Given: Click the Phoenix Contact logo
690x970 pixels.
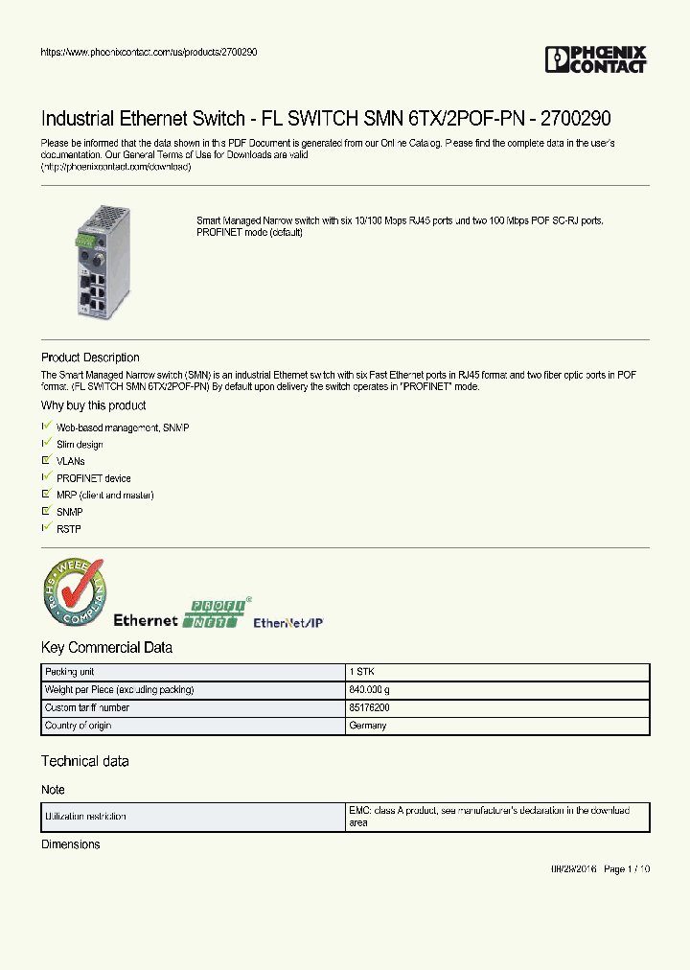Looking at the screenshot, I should pos(595,59).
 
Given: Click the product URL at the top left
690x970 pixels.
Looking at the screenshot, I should pos(149,52).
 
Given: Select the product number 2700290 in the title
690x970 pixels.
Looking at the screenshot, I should pos(574,119).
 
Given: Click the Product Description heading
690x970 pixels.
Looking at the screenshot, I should pos(90,358).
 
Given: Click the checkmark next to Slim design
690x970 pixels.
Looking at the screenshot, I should pos(46,444).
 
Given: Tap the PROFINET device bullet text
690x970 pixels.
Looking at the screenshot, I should pos(93,478).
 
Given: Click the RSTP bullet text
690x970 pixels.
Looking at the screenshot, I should pos(69,529).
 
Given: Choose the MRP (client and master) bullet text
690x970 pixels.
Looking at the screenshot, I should pos(104,496).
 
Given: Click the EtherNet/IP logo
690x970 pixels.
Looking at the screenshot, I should pos(287,623).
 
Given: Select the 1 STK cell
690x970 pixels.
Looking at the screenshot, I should pos(361,672).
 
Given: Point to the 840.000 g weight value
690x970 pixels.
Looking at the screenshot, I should pos(370,690).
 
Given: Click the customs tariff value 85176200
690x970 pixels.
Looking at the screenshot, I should pos(369,707).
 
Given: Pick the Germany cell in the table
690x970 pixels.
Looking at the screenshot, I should pos(368,726).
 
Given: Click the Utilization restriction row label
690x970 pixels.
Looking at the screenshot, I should pos(85,817).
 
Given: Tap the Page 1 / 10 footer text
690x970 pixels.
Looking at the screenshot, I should pos(628,869).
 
